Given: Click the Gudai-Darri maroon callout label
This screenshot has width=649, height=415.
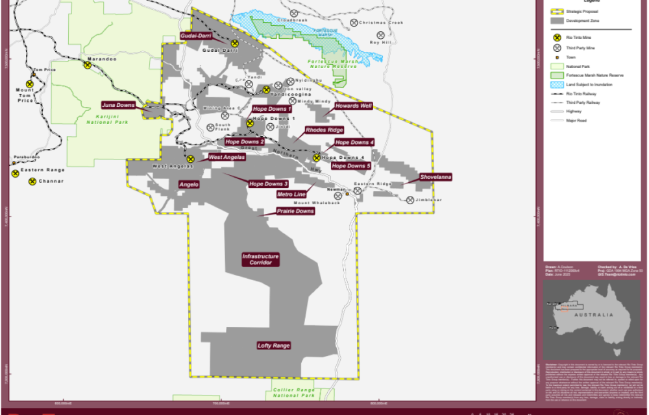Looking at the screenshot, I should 197,36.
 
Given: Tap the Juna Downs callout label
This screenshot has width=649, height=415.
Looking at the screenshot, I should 117,104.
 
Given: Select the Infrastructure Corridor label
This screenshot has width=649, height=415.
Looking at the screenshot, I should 260,259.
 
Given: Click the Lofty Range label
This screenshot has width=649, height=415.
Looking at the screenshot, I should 273,346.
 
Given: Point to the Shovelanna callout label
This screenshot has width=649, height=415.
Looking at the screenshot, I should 435,177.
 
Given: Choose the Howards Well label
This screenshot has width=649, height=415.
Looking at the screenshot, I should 353,106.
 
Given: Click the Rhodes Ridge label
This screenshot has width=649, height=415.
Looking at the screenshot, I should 324,130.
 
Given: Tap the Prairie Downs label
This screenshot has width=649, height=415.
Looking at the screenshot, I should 295,211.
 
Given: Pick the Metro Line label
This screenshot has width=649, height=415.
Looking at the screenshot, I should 291,194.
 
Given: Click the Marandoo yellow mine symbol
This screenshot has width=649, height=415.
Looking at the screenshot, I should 87,65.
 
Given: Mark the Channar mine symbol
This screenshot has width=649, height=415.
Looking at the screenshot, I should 32,181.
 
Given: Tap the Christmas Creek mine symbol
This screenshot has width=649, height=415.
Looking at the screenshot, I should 354,23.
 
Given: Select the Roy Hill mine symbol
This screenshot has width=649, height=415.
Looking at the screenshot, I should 381,36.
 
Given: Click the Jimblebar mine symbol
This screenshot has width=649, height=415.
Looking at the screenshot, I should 410,200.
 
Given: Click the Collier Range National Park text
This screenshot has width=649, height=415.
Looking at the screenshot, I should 293,392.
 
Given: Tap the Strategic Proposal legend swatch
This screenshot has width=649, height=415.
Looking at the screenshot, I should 556,11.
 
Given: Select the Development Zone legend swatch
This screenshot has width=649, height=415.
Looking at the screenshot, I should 556,21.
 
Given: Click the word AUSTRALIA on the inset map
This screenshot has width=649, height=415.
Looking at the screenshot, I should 598,315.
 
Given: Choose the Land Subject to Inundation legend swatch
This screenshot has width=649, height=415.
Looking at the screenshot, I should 556,85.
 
